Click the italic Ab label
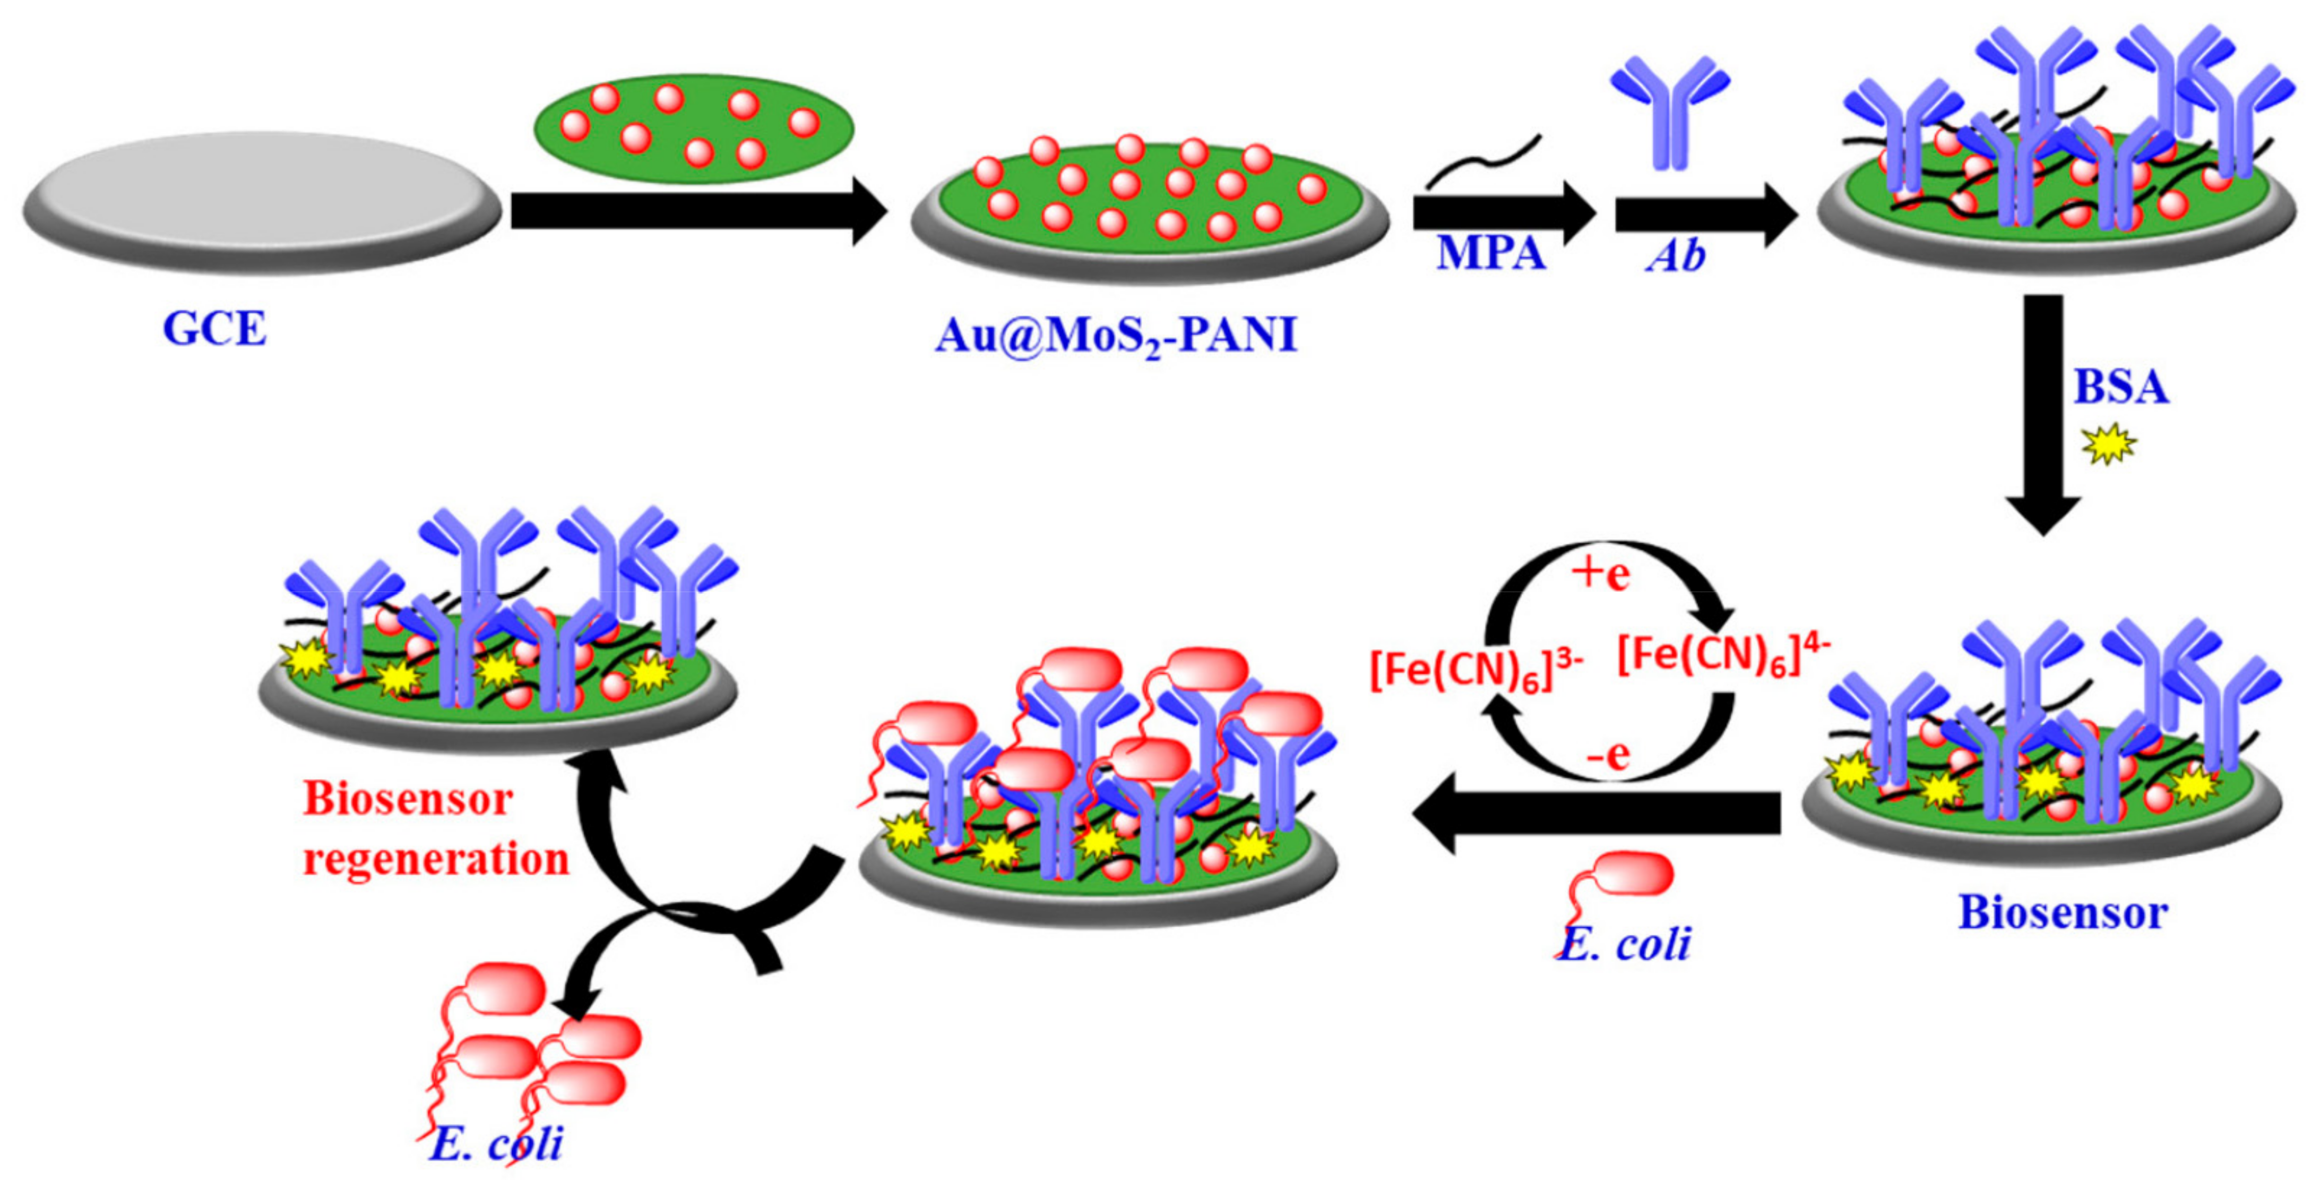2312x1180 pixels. (x=1675, y=256)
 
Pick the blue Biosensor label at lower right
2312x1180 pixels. (x=2063, y=912)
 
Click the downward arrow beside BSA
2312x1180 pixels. (x=2043, y=413)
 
